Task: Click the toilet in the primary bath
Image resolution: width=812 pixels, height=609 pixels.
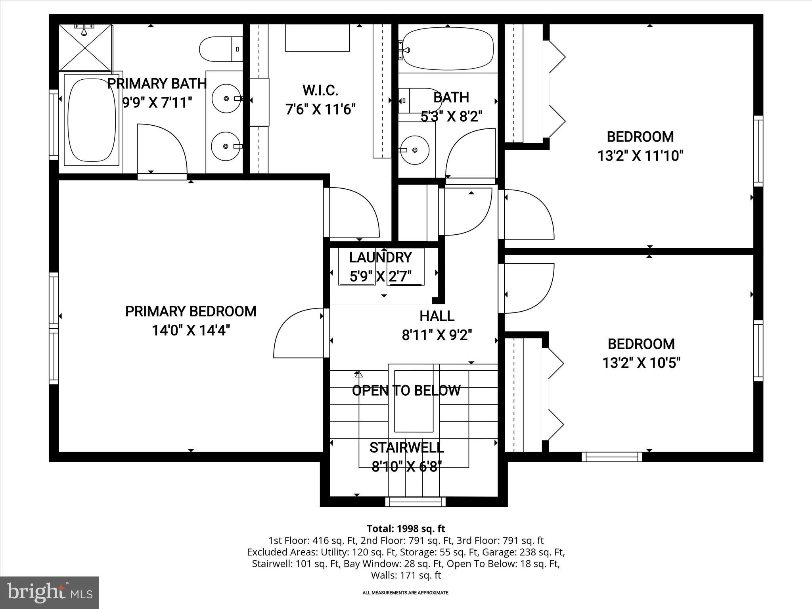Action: point(220,49)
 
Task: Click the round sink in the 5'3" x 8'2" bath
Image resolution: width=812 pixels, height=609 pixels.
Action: point(414,150)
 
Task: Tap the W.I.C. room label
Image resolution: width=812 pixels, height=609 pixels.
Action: point(320,90)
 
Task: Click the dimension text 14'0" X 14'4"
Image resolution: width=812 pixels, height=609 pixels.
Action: point(191,330)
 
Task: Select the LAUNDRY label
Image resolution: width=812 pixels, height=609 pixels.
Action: point(380,258)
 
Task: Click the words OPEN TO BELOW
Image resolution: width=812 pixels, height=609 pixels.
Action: point(406,391)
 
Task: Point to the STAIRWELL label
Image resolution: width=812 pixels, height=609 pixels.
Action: point(406,448)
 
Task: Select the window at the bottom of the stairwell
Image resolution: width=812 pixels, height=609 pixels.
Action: point(416,502)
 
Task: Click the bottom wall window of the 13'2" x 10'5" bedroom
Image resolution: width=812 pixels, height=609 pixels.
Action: point(612,457)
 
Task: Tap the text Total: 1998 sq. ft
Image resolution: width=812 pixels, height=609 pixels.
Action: point(406,529)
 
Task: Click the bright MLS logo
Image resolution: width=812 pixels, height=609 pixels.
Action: point(50,592)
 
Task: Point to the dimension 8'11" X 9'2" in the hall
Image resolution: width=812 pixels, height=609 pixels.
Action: point(437,335)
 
